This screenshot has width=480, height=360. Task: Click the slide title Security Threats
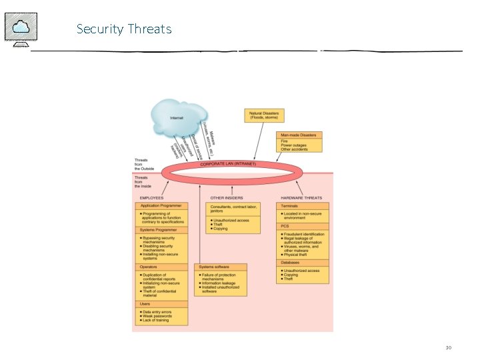[124, 29]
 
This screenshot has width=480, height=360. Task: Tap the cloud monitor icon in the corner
[21, 29]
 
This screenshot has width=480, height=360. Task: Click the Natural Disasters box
[264, 115]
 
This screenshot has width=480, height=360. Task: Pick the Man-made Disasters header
[299, 135]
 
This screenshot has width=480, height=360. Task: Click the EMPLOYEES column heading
[151, 198]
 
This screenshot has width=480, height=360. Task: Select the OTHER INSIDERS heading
[227, 198]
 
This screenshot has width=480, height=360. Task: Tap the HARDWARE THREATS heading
[302, 198]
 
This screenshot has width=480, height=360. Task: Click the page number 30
[449, 347]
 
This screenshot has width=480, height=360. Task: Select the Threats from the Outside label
[144, 165]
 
